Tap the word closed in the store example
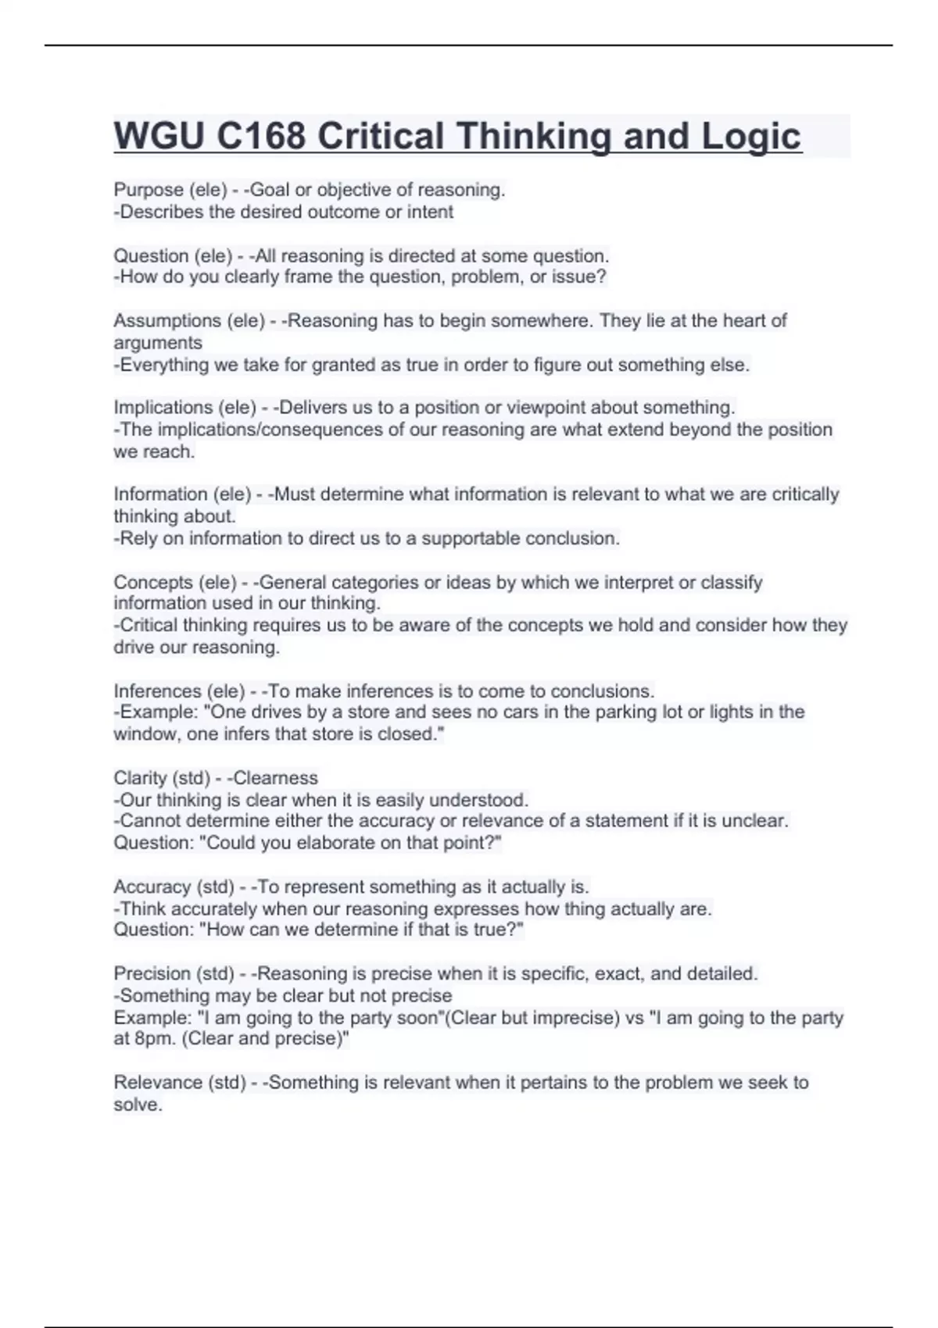[x=408, y=734]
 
